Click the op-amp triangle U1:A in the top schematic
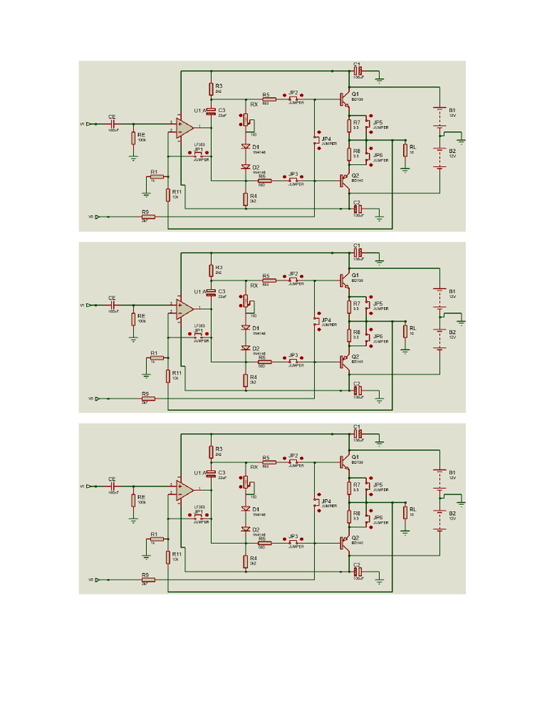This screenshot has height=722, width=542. tap(184, 127)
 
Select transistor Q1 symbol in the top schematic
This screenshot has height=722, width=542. tap(344, 99)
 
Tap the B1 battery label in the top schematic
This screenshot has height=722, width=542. tap(452, 110)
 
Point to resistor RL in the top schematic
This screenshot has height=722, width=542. tap(405, 149)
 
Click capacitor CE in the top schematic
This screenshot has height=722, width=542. tap(112, 123)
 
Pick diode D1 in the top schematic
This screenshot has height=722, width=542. tap(246, 147)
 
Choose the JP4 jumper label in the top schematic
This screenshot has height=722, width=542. tap(325, 139)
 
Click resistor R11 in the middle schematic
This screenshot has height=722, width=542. tap(168, 376)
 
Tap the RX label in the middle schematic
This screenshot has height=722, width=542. tap(254, 286)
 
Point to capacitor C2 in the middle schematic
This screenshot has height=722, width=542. tap(357, 390)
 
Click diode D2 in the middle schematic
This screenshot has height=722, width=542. tap(246, 348)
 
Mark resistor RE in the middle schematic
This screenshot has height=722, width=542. tap(133, 319)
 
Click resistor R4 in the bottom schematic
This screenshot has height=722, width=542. tap(246, 561)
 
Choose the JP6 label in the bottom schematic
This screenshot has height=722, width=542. tap(378, 518)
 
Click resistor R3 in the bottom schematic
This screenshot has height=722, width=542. tap(210, 451)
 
